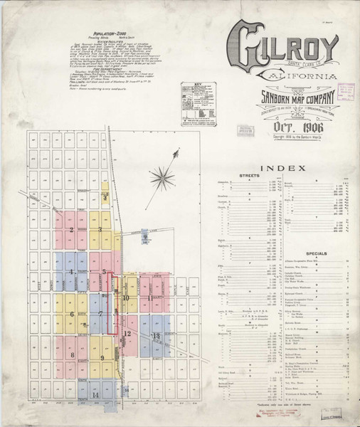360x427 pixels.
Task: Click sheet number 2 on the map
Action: [x=72, y=229]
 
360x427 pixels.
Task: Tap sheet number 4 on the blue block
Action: [x=72, y=272]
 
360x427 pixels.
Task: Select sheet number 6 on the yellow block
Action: [x=72, y=313]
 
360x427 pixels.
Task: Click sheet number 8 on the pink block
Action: [x=72, y=354]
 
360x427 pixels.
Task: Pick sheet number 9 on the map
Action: [x=103, y=358]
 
